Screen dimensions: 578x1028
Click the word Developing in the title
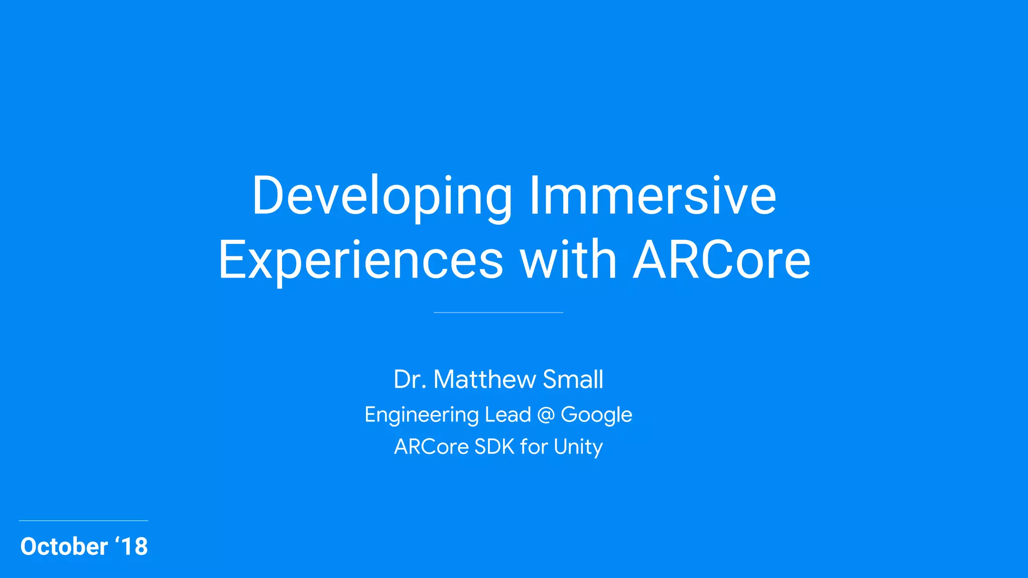coord(381,197)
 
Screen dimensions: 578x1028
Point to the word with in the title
coord(568,260)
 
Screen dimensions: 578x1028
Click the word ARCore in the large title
coord(721,260)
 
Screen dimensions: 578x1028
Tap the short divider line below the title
coord(498,313)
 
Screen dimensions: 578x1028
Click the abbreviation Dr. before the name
coord(410,379)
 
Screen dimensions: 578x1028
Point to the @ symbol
coord(546,415)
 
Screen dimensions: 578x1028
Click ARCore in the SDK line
coord(431,447)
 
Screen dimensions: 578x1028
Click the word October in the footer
coord(64,546)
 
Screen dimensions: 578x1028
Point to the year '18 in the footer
coord(132,546)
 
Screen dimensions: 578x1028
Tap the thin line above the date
coord(83,521)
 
